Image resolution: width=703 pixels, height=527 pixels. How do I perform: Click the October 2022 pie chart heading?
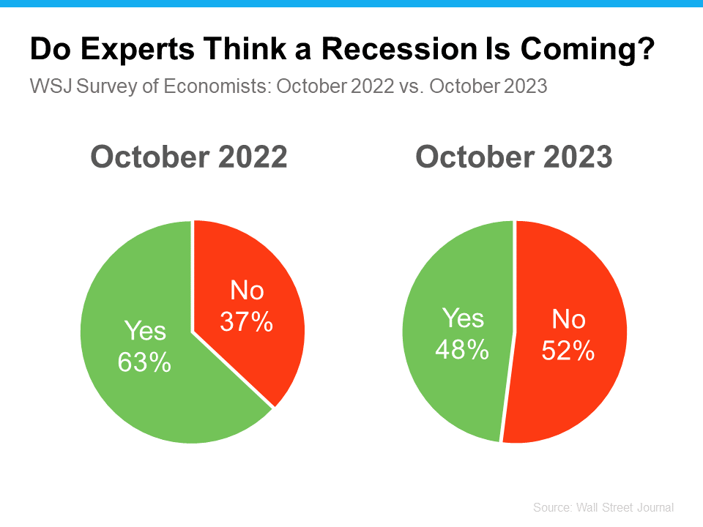point(189,157)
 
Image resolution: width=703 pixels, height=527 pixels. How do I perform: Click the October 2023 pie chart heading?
point(514,157)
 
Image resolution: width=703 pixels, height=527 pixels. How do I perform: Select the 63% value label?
point(145,362)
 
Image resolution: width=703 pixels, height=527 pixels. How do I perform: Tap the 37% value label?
point(247,321)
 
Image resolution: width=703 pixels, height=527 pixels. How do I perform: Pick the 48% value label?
point(462,349)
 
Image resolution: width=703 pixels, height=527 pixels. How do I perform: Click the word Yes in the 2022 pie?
point(145,332)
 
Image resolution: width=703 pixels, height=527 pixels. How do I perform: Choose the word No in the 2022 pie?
point(247,291)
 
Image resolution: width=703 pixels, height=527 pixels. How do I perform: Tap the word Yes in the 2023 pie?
point(463,319)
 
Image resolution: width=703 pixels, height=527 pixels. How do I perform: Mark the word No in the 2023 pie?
point(568,320)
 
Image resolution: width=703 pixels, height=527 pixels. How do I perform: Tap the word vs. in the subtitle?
point(411,86)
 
